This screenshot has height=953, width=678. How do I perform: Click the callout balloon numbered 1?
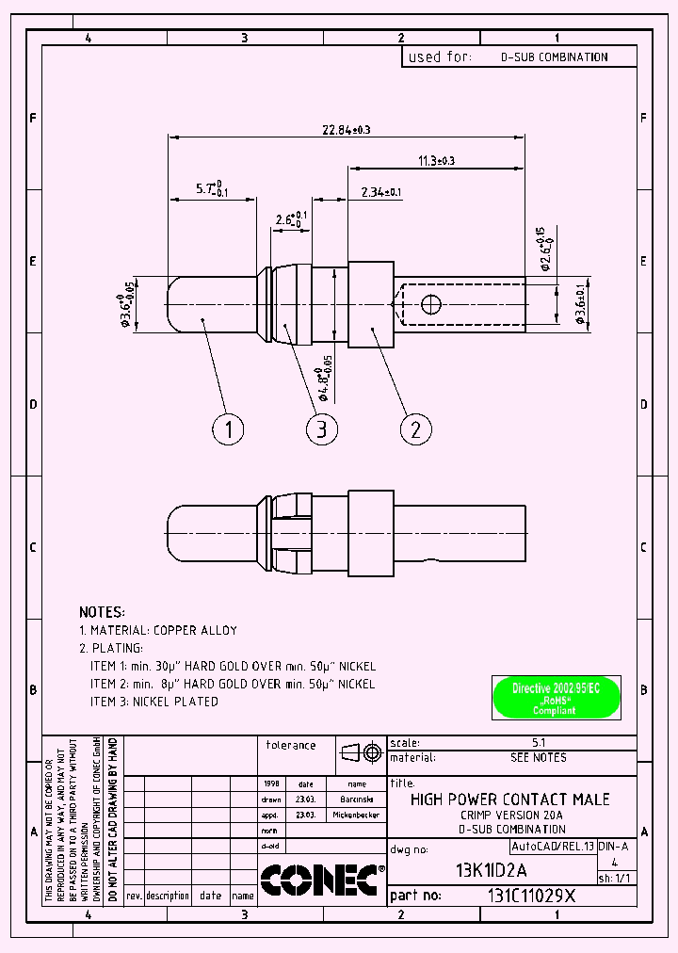[228, 429]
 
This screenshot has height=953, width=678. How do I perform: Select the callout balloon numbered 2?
[415, 429]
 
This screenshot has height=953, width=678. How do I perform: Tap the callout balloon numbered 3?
[322, 429]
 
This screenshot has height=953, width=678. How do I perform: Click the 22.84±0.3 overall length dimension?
[347, 129]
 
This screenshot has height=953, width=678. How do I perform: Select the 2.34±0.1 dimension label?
[381, 192]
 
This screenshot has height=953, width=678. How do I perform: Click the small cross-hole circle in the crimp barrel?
[431, 303]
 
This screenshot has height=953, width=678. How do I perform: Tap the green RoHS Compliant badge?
[556, 699]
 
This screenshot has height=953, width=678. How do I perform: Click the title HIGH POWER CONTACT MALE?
[510, 800]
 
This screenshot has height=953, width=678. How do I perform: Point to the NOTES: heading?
[102, 612]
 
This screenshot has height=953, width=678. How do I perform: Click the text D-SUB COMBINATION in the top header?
[554, 57]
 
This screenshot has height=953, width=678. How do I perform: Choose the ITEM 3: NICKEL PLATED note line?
[154, 702]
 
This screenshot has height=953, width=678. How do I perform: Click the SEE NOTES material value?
[539, 758]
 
